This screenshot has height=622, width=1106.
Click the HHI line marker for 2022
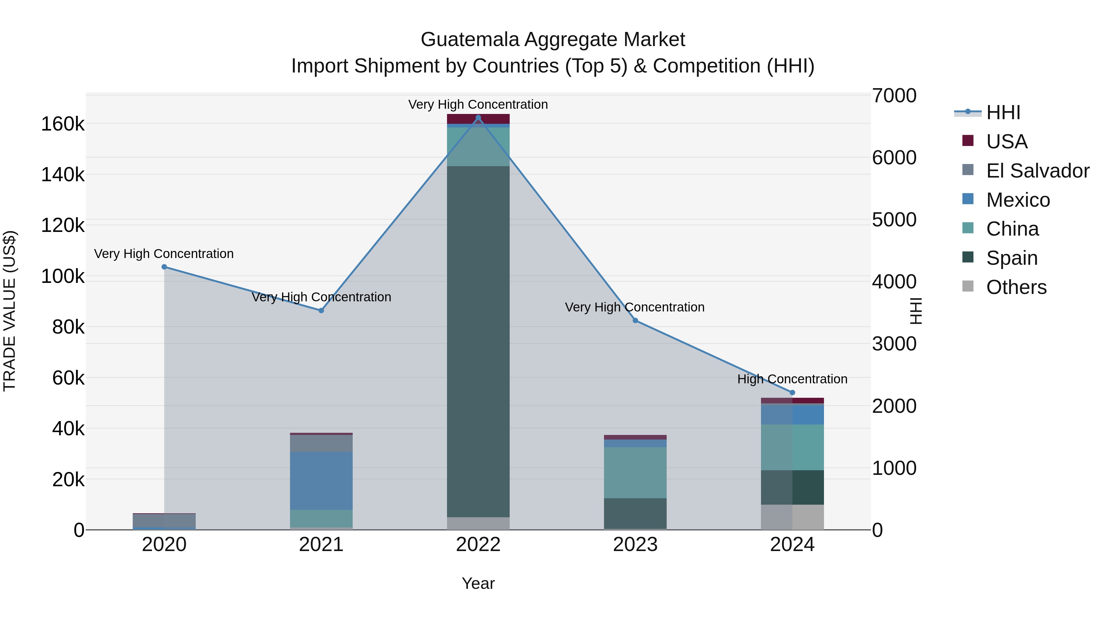478,118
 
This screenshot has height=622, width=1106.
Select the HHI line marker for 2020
164,267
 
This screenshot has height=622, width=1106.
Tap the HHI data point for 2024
792,392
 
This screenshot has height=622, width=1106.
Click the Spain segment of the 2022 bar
478,341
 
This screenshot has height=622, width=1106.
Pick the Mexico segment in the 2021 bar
321,480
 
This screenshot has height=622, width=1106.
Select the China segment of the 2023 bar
635,473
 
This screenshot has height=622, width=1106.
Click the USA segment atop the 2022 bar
478,119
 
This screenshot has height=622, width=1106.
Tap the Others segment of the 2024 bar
792,517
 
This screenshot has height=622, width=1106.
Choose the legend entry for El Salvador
1037,171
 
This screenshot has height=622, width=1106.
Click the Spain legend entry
1012,258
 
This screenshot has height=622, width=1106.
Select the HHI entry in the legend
1003,112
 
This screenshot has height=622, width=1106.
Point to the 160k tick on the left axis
63,124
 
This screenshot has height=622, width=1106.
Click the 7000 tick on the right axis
894,96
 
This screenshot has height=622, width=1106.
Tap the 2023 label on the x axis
635,545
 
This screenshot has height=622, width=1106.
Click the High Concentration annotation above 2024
792,379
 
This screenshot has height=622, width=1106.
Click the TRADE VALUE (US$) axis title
10,311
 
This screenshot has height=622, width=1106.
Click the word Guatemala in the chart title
470,40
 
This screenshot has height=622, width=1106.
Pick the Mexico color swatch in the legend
968,199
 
